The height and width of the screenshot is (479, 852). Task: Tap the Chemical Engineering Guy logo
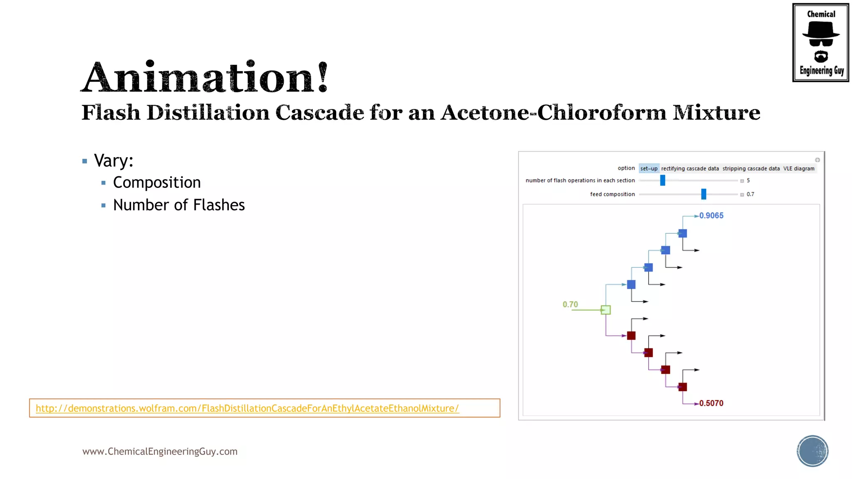(x=820, y=42)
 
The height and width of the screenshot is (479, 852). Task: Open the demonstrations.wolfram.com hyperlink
(x=247, y=408)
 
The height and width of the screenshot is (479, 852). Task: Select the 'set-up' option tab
(x=649, y=168)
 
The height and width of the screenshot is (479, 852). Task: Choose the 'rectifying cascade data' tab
(x=690, y=168)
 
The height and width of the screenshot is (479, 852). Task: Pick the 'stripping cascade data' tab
(x=751, y=168)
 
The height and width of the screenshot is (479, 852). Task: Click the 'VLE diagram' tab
(x=799, y=168)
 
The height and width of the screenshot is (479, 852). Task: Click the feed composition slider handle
(x=703, y=194)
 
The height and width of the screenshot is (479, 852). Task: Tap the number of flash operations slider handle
(x=663, y=180)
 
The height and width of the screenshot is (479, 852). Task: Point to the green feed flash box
(x=606, y=310)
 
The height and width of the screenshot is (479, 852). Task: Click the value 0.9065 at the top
(x=711, y=215)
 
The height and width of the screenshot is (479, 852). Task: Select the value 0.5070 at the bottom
(x=711, y=403)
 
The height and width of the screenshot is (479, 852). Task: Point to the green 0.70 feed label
(x=570, y=304)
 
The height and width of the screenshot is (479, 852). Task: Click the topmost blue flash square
(x=683, y=233)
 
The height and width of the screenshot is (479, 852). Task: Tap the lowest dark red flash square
(x=683, y=387)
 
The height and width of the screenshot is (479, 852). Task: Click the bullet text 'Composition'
(x=157, y=183)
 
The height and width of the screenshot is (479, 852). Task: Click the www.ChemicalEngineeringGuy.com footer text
(x=160, y=452)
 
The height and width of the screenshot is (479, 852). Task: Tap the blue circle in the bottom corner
(x=812, y=451)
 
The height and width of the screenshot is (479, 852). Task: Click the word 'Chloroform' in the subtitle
(x=602, y=113)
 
